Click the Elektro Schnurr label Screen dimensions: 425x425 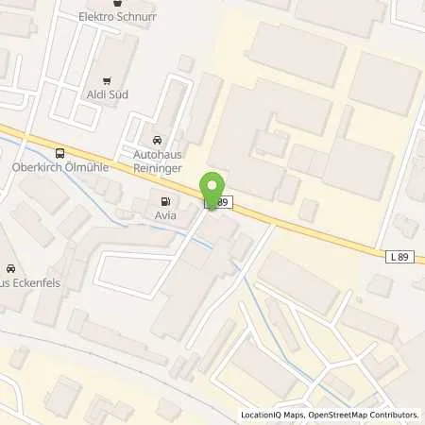(117, 17)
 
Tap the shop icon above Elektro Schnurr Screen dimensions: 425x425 (118, 3)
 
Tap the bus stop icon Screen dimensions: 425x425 (61, 153)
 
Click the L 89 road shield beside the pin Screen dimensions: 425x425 (217, 202)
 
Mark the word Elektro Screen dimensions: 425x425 (99, 17)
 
